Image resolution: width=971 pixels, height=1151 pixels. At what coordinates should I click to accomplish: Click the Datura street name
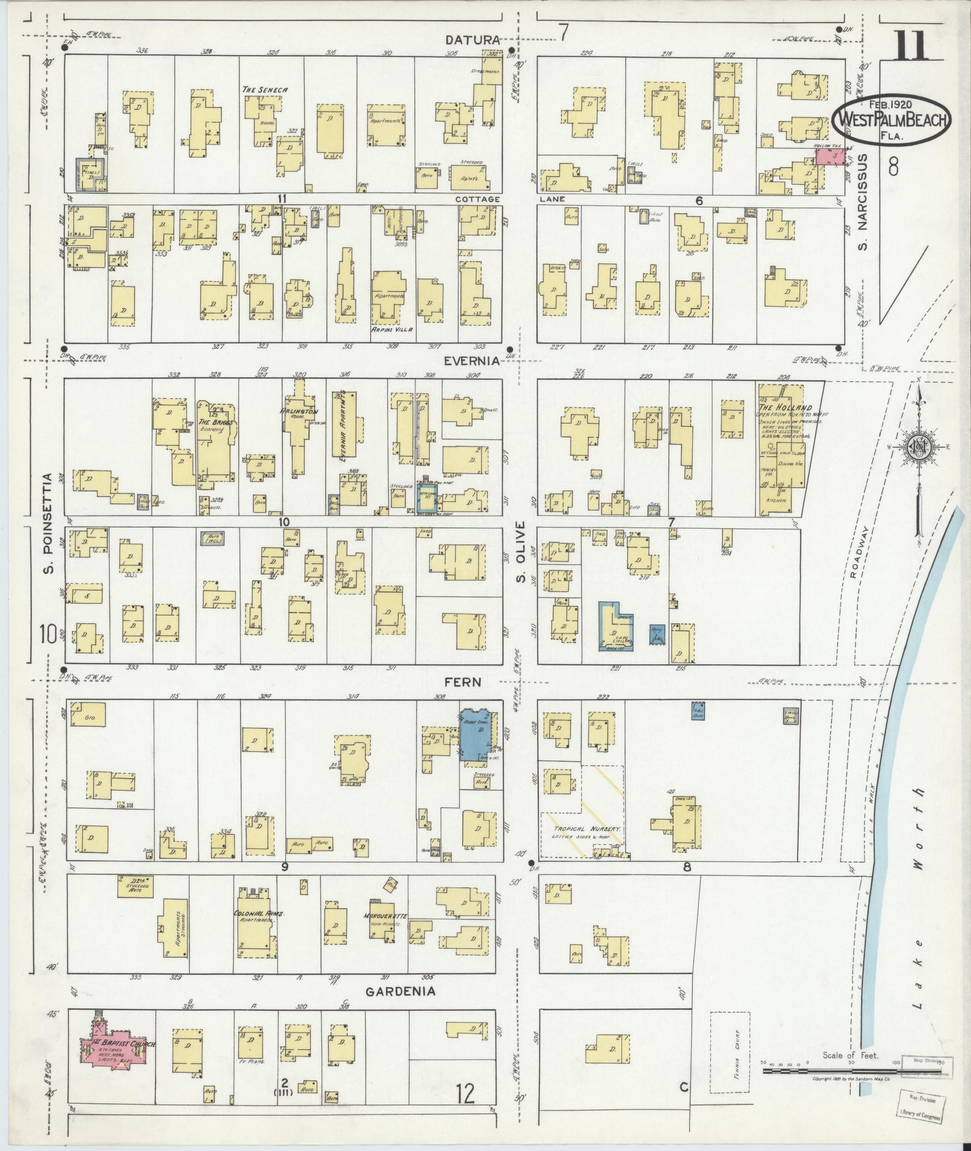click(473, 40)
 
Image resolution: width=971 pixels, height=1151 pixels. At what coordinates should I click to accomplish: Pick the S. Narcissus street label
click(864, 202)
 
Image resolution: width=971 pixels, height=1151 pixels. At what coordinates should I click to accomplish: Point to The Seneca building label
click(264, 90)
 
